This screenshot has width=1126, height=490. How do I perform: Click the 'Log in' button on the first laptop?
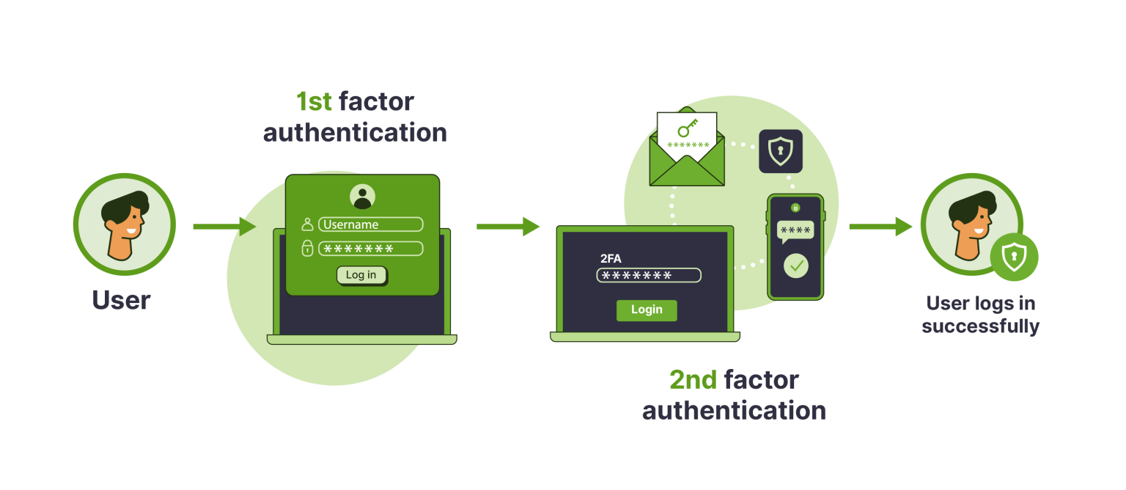tap(361, 275)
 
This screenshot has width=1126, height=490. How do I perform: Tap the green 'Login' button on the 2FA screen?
tap(647, 310)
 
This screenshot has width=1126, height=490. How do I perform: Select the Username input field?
tap(371, 224)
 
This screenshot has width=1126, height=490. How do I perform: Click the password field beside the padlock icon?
tap(371, 249)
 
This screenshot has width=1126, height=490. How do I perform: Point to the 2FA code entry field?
tap(649, 275)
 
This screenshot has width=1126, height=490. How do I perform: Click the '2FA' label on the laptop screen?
tap(611, 258)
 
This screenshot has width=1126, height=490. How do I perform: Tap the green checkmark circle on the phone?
tap(795, 266)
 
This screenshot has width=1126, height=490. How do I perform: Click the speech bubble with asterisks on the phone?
tap(795, 230)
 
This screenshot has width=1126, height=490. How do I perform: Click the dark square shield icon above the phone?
tap(780, 151)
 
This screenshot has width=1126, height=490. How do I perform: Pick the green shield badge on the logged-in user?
tap(1014, 257)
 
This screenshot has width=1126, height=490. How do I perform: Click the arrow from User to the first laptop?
tap(224, 227)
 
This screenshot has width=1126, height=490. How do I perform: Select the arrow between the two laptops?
tap(508, 227)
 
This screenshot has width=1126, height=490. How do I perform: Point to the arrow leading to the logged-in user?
tap(880, 227)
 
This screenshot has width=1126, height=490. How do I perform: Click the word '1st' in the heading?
tap(314, 101)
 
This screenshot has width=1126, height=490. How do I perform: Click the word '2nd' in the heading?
tap(693, 380)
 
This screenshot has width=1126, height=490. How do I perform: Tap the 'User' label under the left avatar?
tap(121, 300)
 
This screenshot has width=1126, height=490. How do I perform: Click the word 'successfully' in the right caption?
tap(980, 326)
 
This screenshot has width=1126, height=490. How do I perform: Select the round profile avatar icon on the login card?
tap(362, 196)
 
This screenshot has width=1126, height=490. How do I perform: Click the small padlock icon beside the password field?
tap(308, 249)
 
